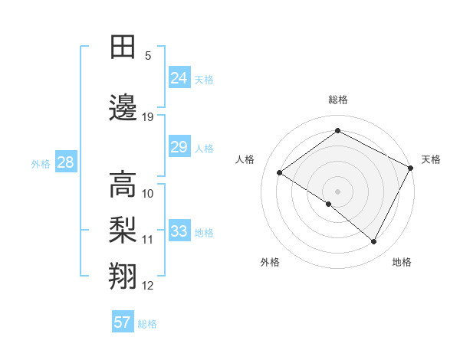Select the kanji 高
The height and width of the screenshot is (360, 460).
click(x=123, y=184)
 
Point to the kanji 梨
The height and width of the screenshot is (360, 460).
click(x=123, y=229)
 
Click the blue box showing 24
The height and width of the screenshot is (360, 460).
click(x=179, y=77)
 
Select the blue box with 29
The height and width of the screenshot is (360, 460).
click(x=179, y=147)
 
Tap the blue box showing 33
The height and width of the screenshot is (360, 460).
click(x=179, y=231)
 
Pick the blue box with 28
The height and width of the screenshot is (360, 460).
click(x=65, y=162)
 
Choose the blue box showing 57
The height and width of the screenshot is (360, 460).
click(x=123, y=322)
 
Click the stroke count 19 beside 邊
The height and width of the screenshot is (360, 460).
click(x=148, y=116)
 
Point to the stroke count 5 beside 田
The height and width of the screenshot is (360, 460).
click(x=148, y=56)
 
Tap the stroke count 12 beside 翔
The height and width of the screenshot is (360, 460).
click(x=148, y=286)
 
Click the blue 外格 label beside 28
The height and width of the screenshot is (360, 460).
click(x=41, y=163)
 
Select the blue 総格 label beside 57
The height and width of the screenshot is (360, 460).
click(x=147, y=324)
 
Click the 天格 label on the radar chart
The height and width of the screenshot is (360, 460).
click(x=431, y=159)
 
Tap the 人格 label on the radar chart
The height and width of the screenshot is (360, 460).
click(x=245, y=159)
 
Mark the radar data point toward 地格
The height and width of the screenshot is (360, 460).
click(x=374, y=242)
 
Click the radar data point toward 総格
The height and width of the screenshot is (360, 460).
click(x=337, y=131)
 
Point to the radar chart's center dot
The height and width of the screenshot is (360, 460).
click(x=337, y=191)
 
